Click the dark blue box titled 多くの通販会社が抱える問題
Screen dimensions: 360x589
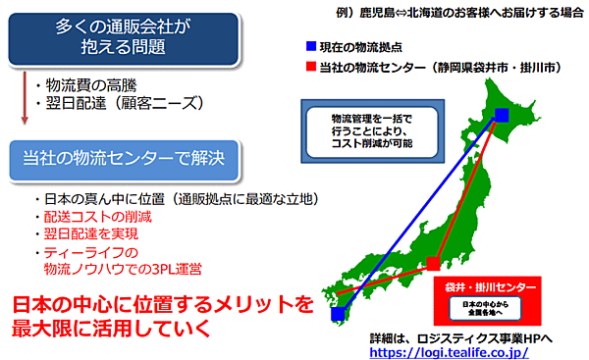pos(121,38)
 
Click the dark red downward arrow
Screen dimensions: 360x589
pos(23,98)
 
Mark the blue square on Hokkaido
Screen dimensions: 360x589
pos(501,117)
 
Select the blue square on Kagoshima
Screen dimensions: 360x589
pos(338,315)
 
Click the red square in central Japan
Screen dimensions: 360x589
pos(432,263)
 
